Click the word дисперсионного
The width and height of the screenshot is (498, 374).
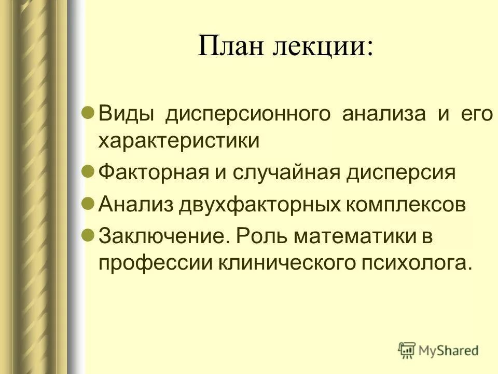point(248,114)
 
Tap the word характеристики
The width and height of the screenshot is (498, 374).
point(179,142)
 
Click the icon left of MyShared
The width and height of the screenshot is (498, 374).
point(407,350)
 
